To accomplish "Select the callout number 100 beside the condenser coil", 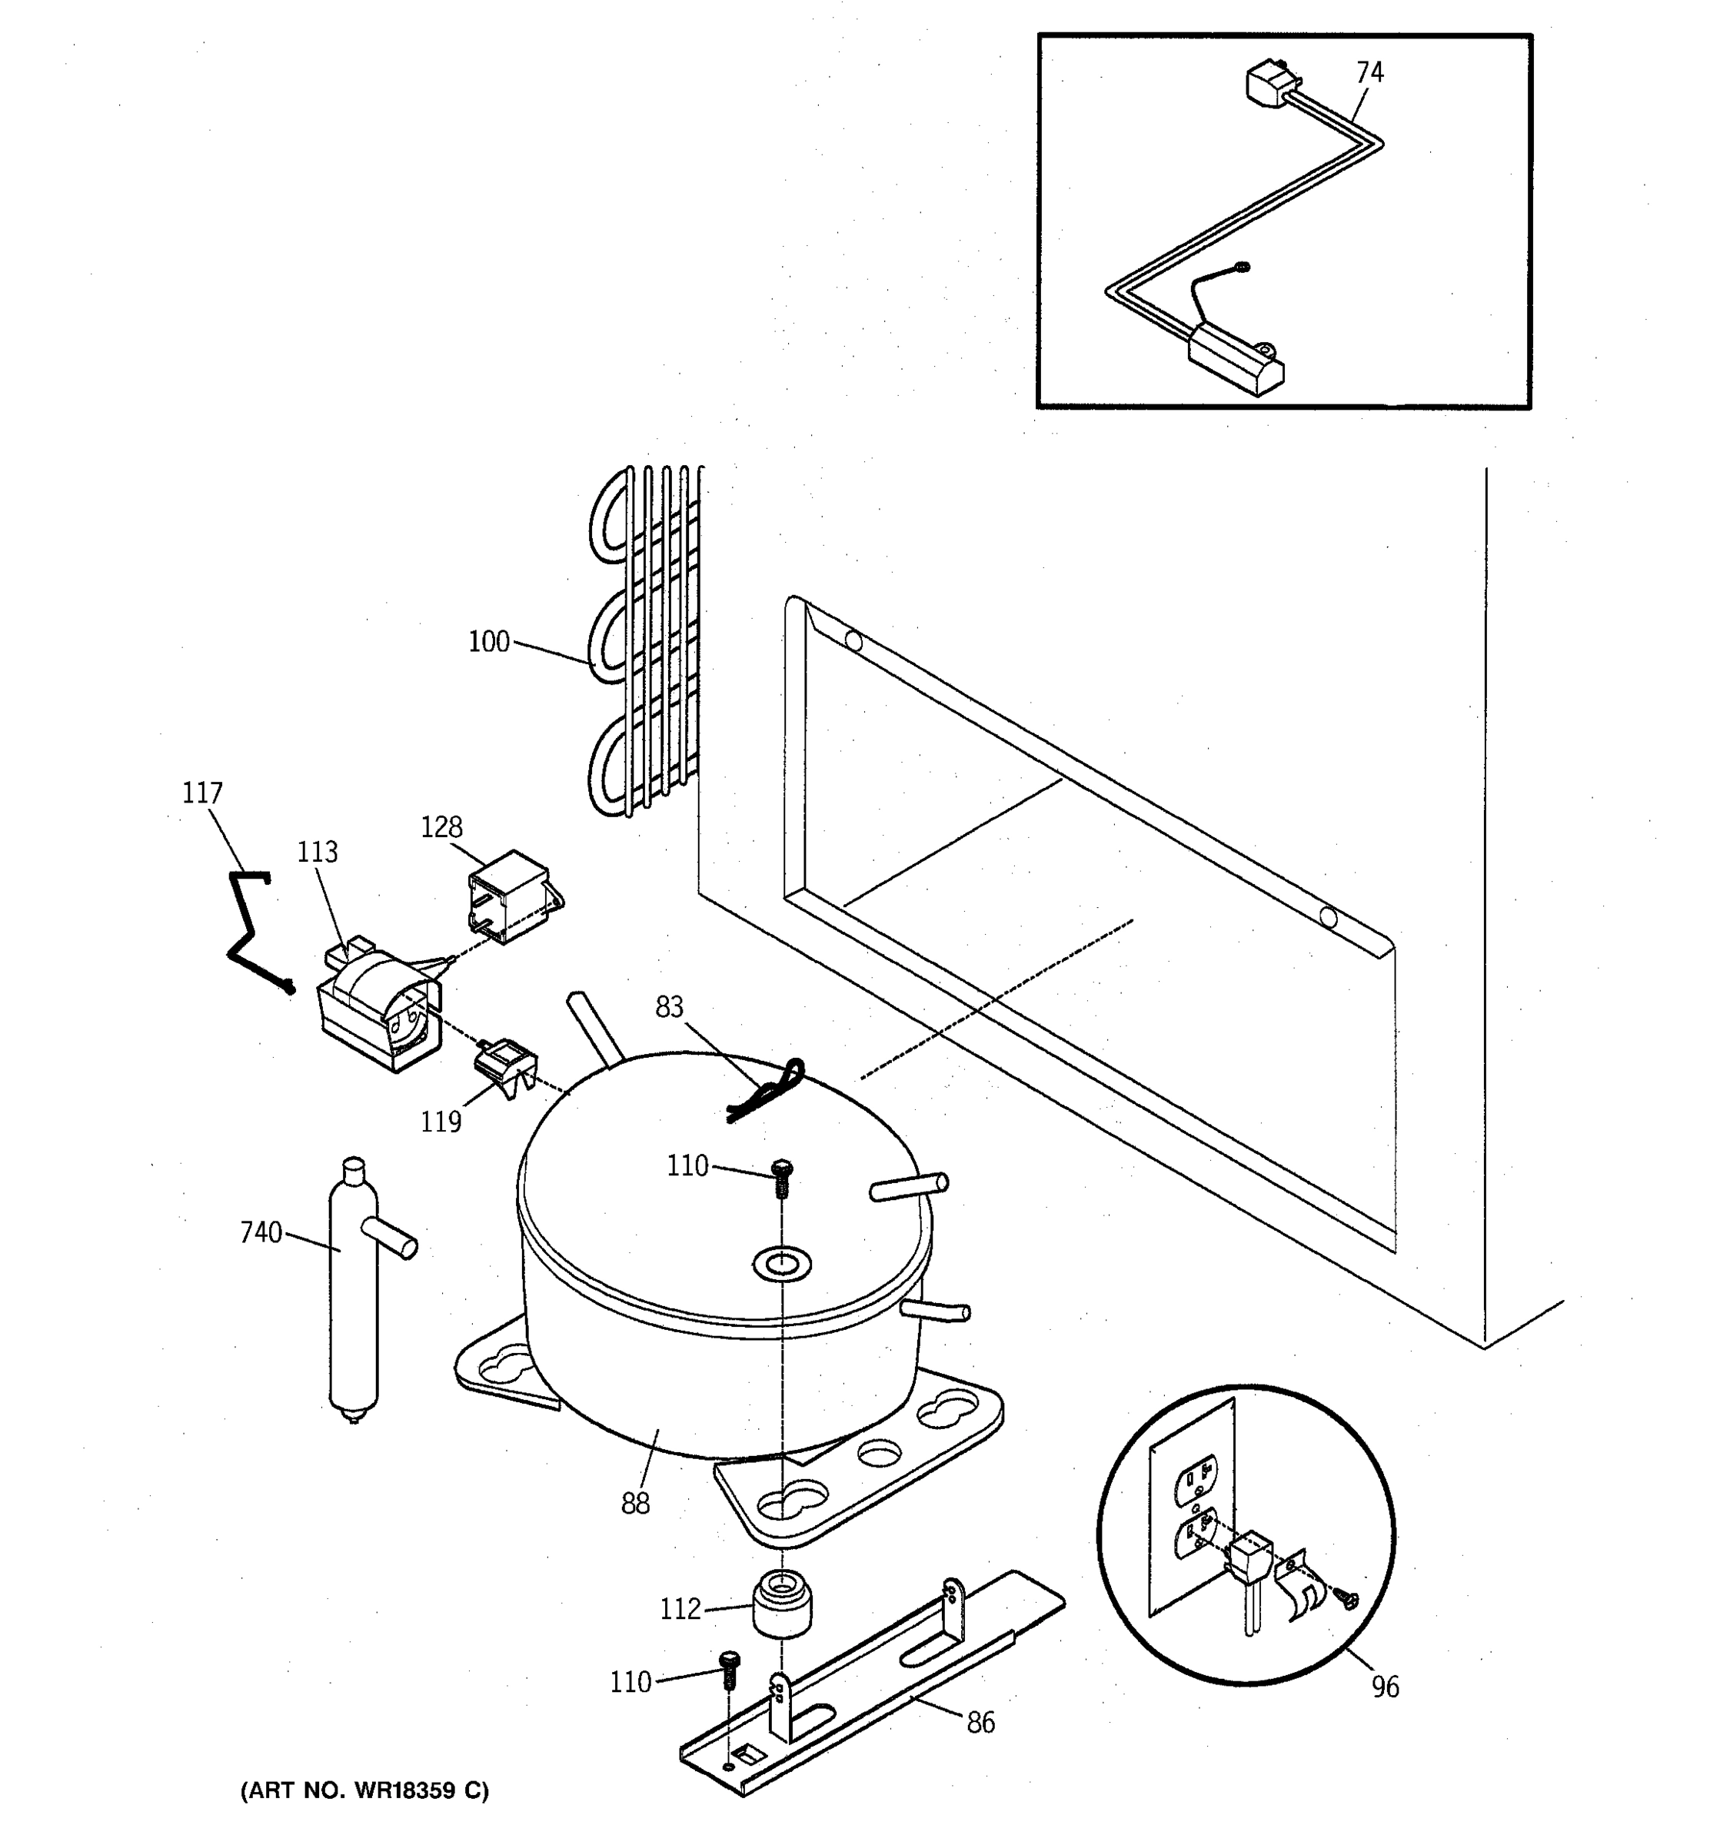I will (x=489, y=641).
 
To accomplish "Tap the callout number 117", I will (x=202, y=793).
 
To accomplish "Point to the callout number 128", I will (x=442, y=827).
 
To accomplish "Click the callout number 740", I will (x=261, y=1232).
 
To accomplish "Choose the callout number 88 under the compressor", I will (x=636, y=1503).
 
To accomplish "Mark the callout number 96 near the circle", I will (x=1385, y=1687).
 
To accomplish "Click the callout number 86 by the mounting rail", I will (x=981, y=1723).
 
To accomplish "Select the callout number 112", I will (x=680, y=1608).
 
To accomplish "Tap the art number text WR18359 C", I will (x=364, y=1790).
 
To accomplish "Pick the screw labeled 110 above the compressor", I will (x=780, y=1178).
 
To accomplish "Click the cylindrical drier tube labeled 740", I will (x=354, y=1299).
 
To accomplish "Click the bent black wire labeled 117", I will (x=246, y=928).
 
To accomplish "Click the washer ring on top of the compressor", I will (x=781, y=1263).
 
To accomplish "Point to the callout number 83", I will (x=669, y=1007).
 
